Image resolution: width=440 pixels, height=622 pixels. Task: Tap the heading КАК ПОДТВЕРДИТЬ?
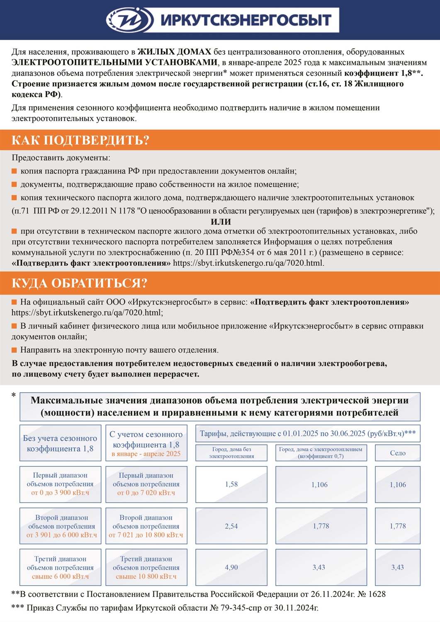pyautogui.click(x=80, y=140)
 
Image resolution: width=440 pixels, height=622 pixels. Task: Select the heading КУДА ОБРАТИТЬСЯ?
pyautogui.click(x=79, y=283)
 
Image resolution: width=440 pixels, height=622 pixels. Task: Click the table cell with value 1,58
pyautogui.click(x=231, y=484)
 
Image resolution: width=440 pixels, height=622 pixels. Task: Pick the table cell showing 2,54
pyautogui.click(x=231, y=526)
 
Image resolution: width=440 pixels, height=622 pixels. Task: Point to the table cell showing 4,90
pyautogui.click(x=231, y=567)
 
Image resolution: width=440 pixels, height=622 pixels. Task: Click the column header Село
pyautogui.click(x=397, y=453)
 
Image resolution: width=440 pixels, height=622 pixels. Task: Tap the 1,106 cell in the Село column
pyautogui.click(x=397, y=484)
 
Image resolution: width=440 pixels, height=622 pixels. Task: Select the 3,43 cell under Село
pyautogui.click(x=397, y=567)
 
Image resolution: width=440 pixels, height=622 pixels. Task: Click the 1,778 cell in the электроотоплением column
pyautogui.click(x=321, y=526)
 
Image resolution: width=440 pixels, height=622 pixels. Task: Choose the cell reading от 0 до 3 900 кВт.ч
pyautogui.click(x=60, y=493)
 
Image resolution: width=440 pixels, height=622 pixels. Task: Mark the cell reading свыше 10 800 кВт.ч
pyautogui.click(x=146, y=576)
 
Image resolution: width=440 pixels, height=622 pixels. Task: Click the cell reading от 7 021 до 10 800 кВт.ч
pyautogui.click(x=146, y=535)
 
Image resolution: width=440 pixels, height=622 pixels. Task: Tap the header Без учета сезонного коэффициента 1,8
pyautogui.click(x=60, y=443)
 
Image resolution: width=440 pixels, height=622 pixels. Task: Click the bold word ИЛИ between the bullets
pyautogui.click(x=221, y=221)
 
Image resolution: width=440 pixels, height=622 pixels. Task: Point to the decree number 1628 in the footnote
pyautogui.click(x=377, y=594)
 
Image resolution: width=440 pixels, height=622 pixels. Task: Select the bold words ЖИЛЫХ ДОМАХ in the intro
pyautogui.click(x=174, y=52)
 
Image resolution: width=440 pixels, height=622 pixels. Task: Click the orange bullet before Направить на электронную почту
pyautogui.click(x=15, y=350)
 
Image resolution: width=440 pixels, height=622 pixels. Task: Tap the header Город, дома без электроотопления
pyautogui.click(x=231, y=453)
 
